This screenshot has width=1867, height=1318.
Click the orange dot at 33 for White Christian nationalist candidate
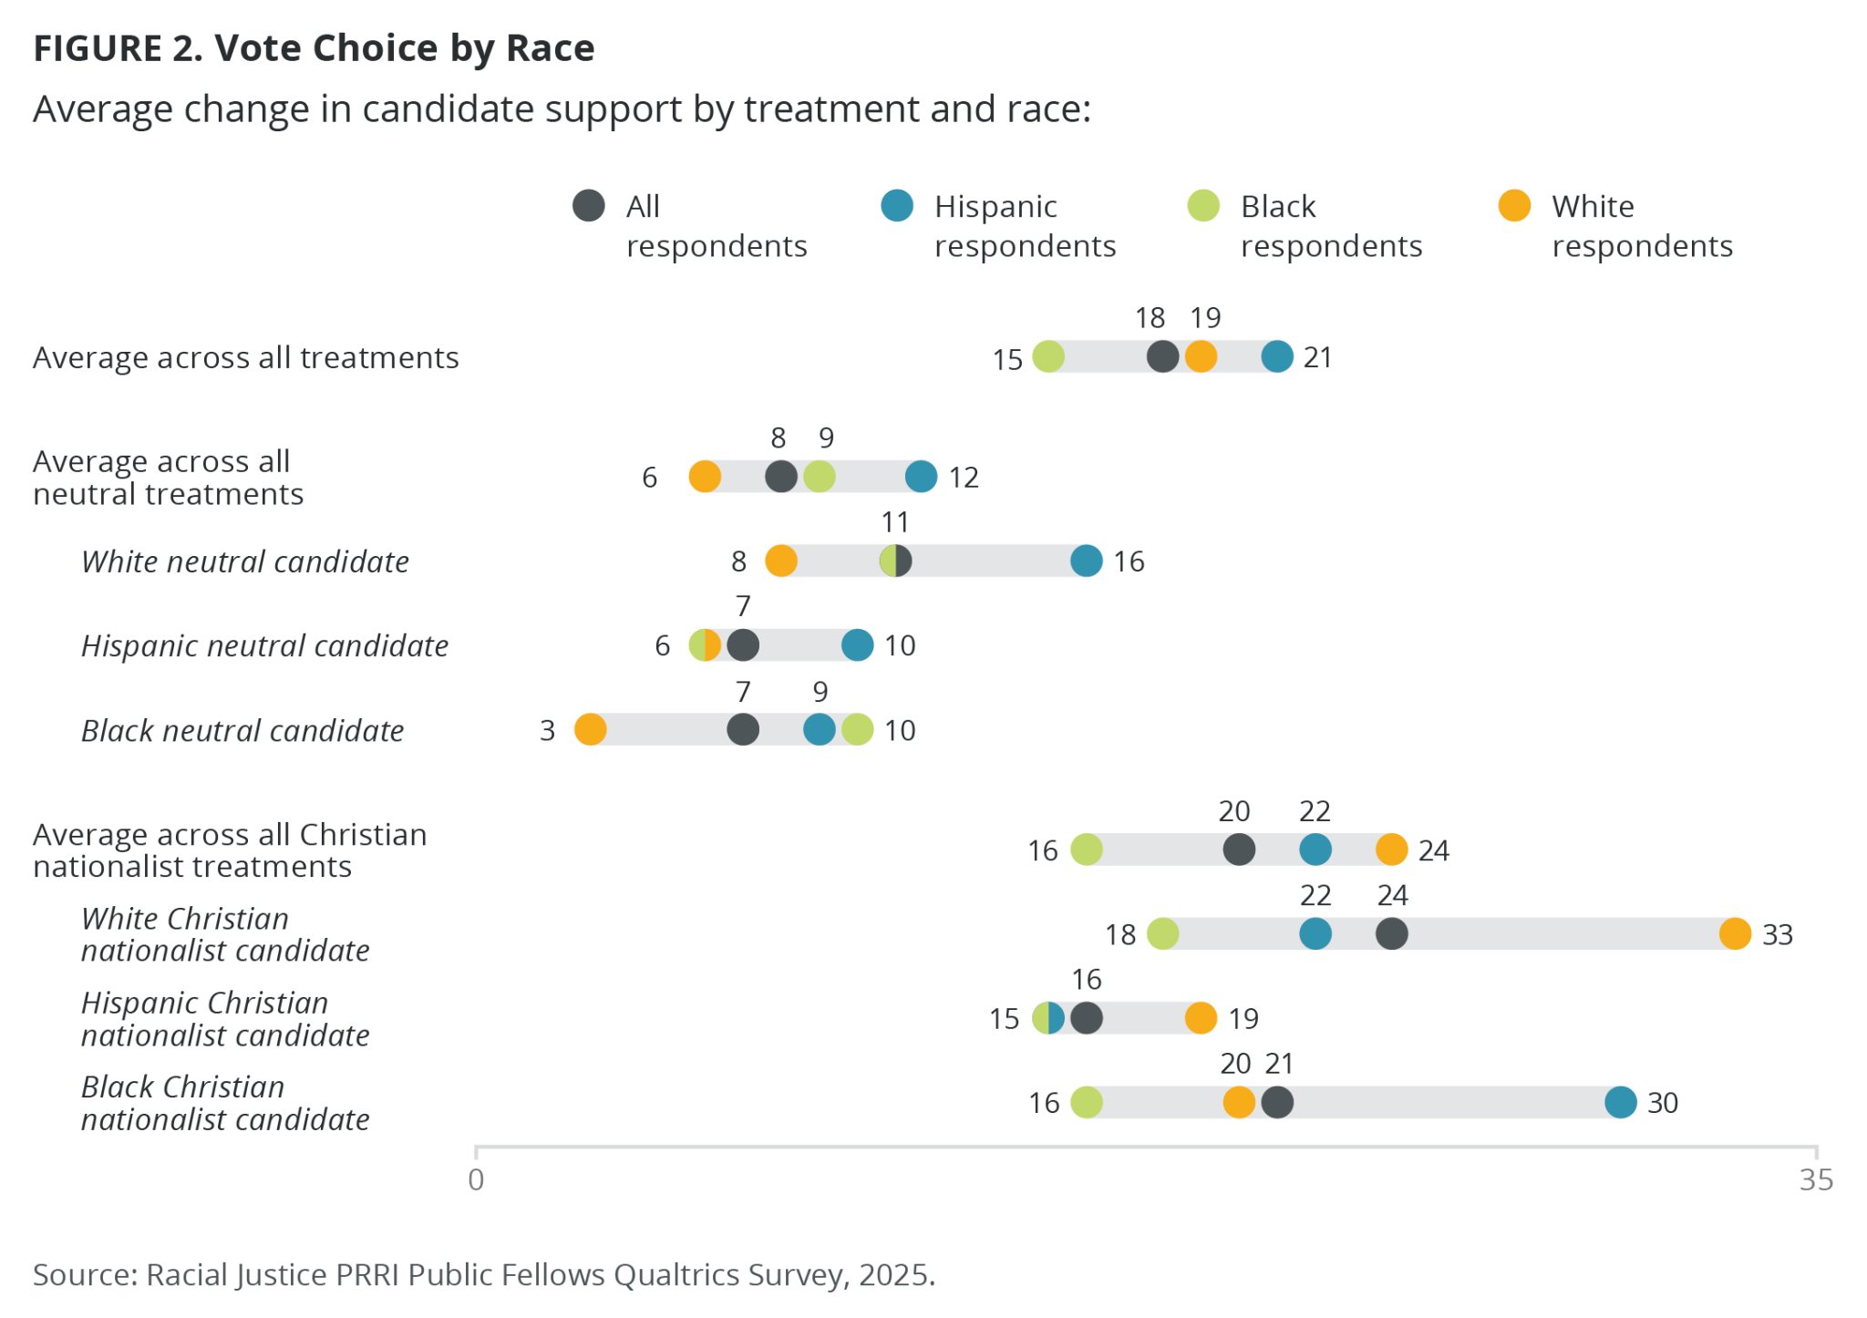pos(1734,933)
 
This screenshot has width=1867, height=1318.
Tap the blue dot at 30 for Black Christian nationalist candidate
pos(1620,1102)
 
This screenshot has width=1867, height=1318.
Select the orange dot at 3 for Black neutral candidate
pos(590,729)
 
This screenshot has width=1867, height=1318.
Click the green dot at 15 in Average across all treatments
pos(1048,356)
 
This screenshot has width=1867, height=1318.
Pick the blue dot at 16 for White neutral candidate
pos(1086,561)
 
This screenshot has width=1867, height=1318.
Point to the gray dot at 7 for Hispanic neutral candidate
pos(743,645)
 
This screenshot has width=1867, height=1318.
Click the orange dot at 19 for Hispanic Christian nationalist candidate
pos(1201,1017)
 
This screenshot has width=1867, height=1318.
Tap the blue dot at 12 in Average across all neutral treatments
pos(921,476)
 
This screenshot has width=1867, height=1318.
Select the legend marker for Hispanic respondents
pos(897,206)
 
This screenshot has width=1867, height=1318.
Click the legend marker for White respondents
pos(1514,206)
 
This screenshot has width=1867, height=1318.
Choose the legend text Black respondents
pos(1330,226)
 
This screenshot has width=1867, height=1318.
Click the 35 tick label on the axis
pos(1815,1179)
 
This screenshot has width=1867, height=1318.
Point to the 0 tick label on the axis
pos(476,1179)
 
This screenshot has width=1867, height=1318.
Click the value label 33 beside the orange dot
pos(1777,934)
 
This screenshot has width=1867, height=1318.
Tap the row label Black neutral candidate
pos(242,730)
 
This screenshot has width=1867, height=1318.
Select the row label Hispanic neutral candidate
pos(264,645)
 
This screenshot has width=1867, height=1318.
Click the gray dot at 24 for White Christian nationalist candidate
pos(1391,933)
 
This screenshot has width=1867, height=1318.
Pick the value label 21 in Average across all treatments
pos(1317,357)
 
